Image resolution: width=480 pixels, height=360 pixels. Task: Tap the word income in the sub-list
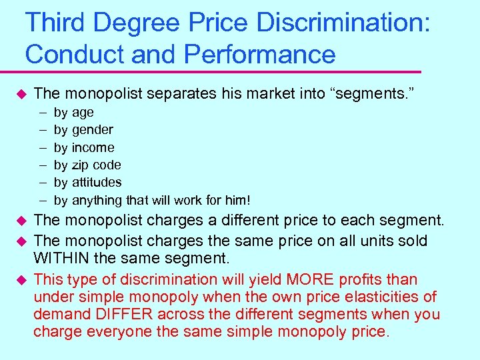(x=93, y=147)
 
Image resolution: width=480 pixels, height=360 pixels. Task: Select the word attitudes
(x=97, y=182)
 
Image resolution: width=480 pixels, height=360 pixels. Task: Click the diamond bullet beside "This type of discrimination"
(x=21, y=279)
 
